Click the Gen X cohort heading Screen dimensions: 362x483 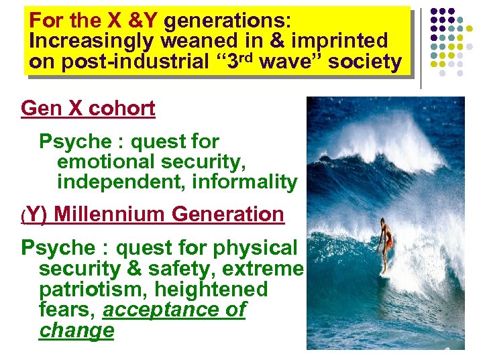(88, 108)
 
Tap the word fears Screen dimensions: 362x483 (66, 310)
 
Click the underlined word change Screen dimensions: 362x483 (76, 330)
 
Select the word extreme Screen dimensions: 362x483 (268, 269)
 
